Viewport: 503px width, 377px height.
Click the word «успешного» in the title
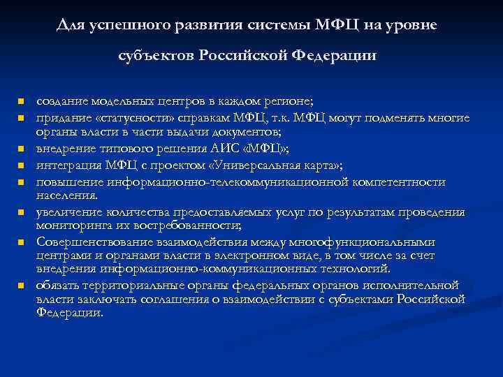121,26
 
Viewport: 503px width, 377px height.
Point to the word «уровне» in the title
413,26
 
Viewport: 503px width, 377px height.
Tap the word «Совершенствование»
85,242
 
